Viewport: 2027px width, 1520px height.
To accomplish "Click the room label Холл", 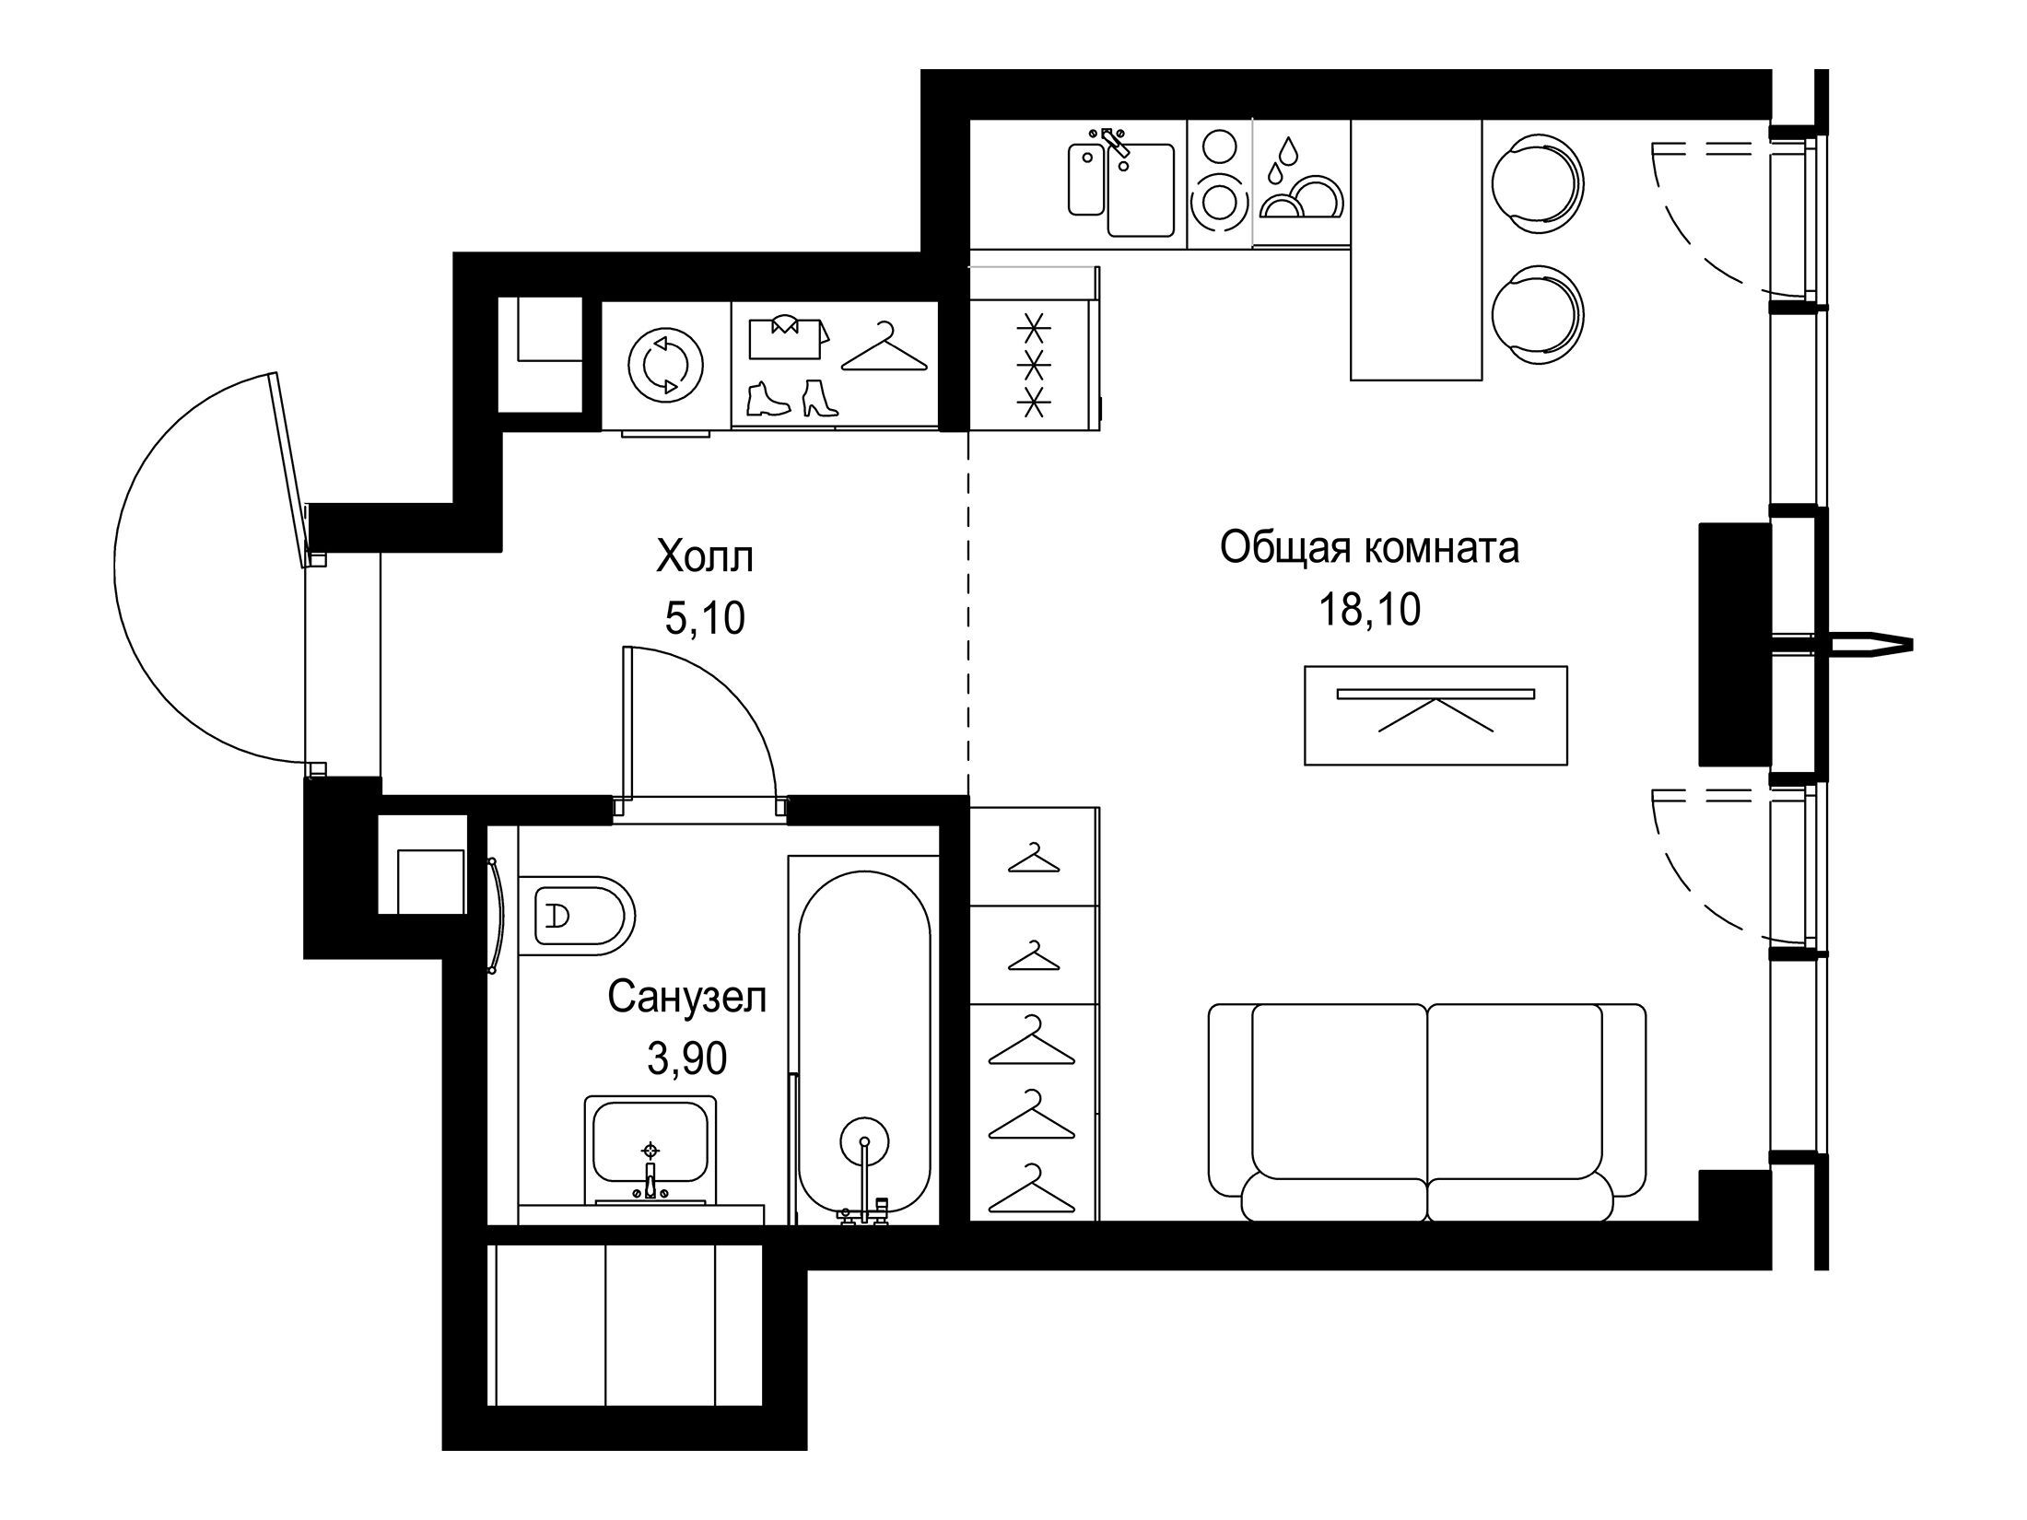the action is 705,557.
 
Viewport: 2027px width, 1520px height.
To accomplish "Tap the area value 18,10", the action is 1370,610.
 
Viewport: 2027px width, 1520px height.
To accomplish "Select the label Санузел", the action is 687,998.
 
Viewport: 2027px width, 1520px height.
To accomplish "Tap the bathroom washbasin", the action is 650,1152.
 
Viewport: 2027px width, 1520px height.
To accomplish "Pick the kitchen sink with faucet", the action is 1121,183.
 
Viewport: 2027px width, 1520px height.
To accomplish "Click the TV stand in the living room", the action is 1435,715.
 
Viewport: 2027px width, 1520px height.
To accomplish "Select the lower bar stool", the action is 1536,311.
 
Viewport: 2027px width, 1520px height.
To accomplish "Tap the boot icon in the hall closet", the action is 767,400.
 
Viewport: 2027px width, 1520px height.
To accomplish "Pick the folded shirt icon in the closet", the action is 788,336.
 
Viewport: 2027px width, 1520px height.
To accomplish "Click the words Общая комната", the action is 1369,549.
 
